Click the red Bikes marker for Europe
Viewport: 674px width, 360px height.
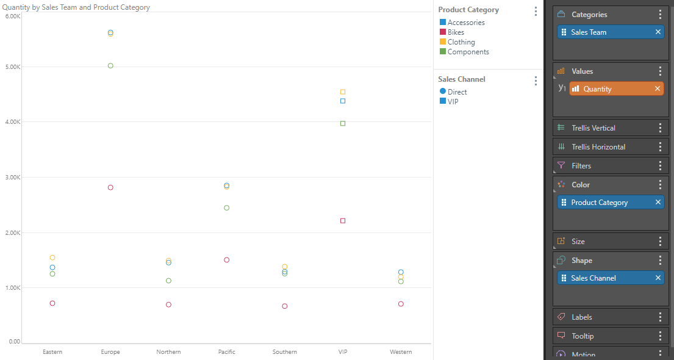[110, 187]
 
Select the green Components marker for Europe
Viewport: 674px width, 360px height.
[110, 65]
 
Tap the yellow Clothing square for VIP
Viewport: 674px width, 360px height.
[343, 92]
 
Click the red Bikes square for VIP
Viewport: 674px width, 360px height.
[343, 220]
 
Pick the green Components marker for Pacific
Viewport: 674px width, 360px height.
[226, 207]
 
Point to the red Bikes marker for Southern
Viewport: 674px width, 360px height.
[285, 306]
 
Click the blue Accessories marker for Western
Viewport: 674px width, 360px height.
[401, 272]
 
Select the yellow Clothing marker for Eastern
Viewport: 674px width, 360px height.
[52, 257]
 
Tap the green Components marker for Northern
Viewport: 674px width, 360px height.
[168, 281]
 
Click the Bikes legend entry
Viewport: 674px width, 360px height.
[455, 32]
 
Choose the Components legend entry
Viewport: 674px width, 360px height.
[468, 52]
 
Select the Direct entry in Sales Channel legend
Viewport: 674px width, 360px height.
[457, 92]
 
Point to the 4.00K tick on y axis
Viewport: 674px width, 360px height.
[13, 122]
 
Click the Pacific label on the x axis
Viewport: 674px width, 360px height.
[226, 351]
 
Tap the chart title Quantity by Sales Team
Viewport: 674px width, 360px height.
[76, 7]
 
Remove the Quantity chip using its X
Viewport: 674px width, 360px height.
[658, 88]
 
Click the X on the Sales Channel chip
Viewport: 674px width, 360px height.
[658, 278]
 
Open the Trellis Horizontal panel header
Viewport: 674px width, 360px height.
[598, 147]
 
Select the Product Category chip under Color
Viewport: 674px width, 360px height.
[599, 203]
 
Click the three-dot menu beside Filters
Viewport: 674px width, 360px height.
[660, 165]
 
